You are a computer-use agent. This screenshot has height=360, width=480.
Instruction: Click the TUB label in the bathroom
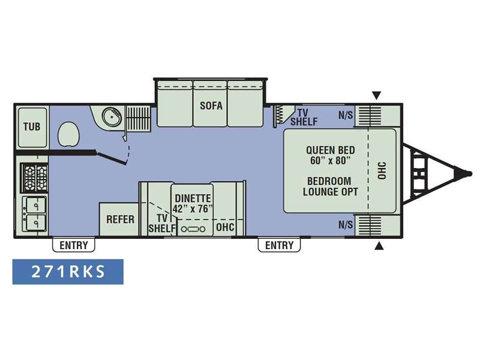[x=32, y=127]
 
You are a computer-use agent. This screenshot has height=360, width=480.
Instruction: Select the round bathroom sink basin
[x=112, y=116]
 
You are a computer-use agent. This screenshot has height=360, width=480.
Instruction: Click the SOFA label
[x=211, y=106]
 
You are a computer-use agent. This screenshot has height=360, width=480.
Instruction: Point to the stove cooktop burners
[x=34, y=178]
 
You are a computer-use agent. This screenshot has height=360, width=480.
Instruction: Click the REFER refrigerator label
[x=120, y=219]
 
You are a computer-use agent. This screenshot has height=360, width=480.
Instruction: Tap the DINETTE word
[x=193, y=199]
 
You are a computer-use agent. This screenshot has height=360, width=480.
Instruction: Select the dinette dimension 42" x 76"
[x=193, y=209]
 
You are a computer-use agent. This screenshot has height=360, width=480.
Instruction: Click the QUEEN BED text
[x=331, y=150]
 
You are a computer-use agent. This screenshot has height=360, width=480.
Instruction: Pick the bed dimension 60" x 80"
[x=331, y=160]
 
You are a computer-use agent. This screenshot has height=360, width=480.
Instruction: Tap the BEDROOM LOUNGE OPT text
[x=331, y=187]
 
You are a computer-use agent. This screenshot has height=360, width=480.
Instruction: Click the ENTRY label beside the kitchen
[x=73, y=245]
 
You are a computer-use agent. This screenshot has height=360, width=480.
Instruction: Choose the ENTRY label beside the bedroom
[x=279, y=245]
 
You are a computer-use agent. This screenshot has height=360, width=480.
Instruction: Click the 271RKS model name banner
[x=68, y=272]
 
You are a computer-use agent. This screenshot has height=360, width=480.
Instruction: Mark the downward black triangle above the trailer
[x=377, y=95]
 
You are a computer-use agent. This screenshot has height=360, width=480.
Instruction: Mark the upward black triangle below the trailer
[x=379, y=245]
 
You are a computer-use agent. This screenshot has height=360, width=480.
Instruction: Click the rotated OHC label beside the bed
[x=382, y=171]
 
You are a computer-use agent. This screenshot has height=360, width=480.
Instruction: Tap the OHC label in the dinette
[x=225, y=227]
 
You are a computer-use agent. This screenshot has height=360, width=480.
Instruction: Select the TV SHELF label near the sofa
[x=304, y=117]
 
